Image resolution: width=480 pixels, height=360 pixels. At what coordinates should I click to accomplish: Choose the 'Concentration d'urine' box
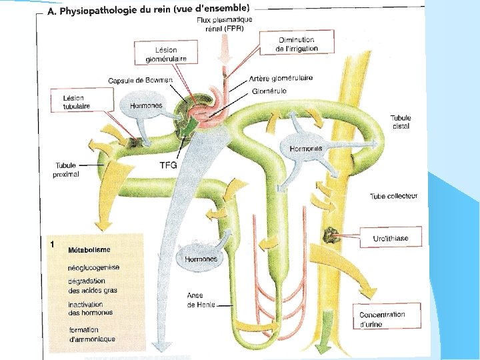(382, 319)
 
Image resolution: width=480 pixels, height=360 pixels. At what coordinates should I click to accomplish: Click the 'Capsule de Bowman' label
(140, 81)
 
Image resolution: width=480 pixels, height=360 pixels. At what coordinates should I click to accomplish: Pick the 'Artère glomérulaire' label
(280, 78)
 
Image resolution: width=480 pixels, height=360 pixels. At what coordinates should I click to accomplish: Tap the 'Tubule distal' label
(401, 122)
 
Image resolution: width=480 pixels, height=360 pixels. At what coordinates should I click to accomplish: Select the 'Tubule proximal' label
(66, 170)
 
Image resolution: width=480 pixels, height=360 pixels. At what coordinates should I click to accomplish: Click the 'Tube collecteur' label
(393, 196)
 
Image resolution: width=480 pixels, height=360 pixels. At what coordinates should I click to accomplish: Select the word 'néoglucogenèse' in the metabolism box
(94, 267)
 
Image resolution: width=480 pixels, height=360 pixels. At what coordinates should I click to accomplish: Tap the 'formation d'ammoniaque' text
(91, 334)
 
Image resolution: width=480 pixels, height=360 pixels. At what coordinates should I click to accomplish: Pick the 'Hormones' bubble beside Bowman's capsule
(145, 105)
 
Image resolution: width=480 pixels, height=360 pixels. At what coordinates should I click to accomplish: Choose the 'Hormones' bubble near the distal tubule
(306, 148)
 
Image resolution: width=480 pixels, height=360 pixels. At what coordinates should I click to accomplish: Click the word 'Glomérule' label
(269, 91)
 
